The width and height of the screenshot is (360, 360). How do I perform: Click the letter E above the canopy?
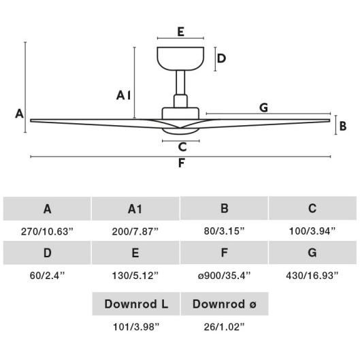181,32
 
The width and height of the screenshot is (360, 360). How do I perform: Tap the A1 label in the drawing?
124,95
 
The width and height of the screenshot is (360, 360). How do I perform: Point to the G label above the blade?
263,108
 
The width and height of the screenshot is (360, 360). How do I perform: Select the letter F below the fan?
182,163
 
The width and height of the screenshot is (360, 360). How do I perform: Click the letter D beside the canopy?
221,59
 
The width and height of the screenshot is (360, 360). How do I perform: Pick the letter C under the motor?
182,147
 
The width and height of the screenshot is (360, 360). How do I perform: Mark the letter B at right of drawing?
343,126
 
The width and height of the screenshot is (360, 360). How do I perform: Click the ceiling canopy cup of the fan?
180,59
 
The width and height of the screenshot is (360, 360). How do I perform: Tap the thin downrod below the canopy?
180,82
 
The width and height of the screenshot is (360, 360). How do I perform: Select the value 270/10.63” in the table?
47,231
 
